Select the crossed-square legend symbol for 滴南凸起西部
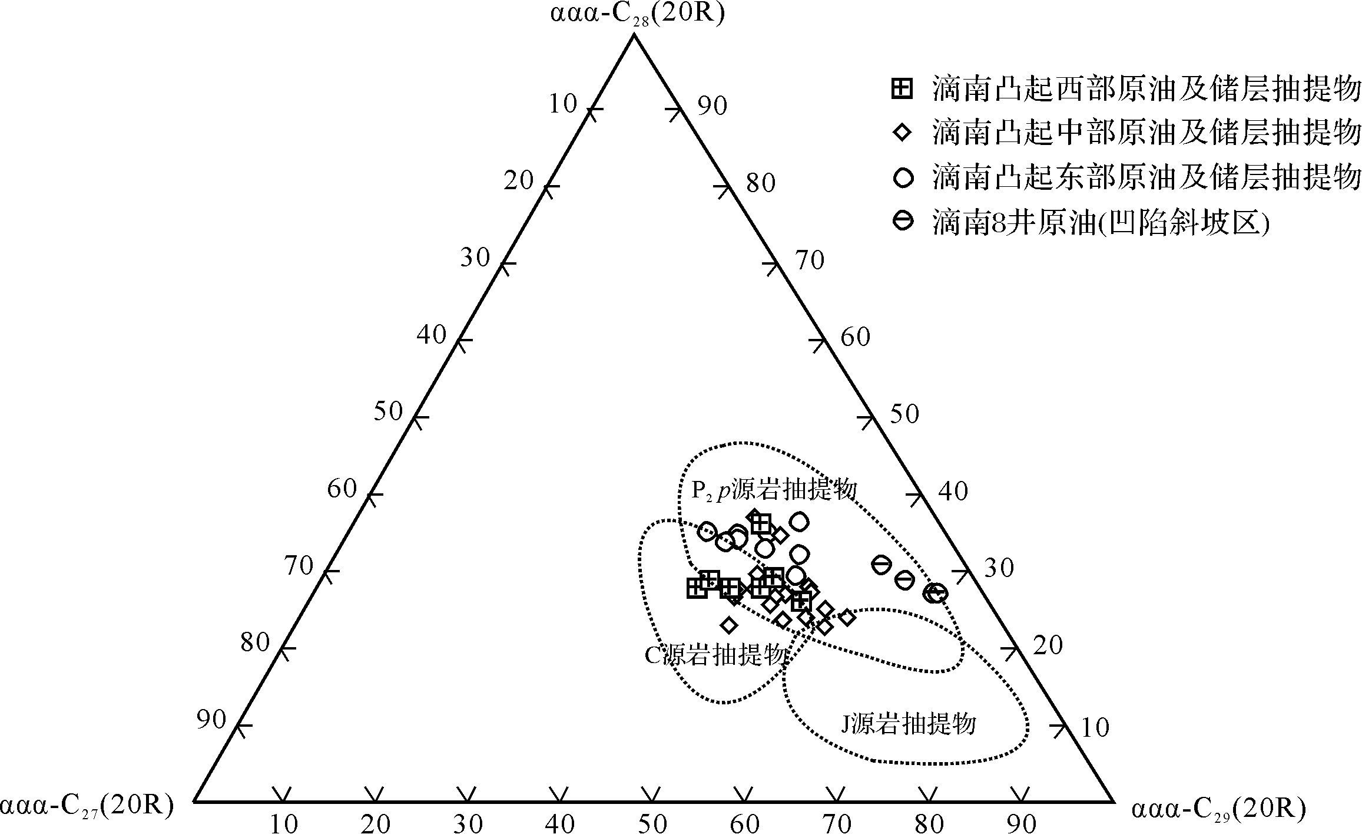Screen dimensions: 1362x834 point(903,89)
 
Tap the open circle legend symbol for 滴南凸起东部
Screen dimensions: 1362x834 point(903,177)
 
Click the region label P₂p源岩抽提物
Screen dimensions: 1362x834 point(773,490)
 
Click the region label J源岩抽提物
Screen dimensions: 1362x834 point(907,723)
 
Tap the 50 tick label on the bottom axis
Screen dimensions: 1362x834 point(652,823)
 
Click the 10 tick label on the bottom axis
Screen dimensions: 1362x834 point(284,823)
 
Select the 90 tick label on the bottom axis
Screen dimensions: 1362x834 point(1022,823)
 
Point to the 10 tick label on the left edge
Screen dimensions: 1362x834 point(563,104)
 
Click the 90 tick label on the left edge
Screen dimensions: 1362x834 point(211,720)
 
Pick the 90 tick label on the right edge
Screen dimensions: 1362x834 point(713,106)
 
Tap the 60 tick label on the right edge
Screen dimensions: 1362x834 point(855,337)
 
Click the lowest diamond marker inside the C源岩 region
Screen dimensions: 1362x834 point(729,625)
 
